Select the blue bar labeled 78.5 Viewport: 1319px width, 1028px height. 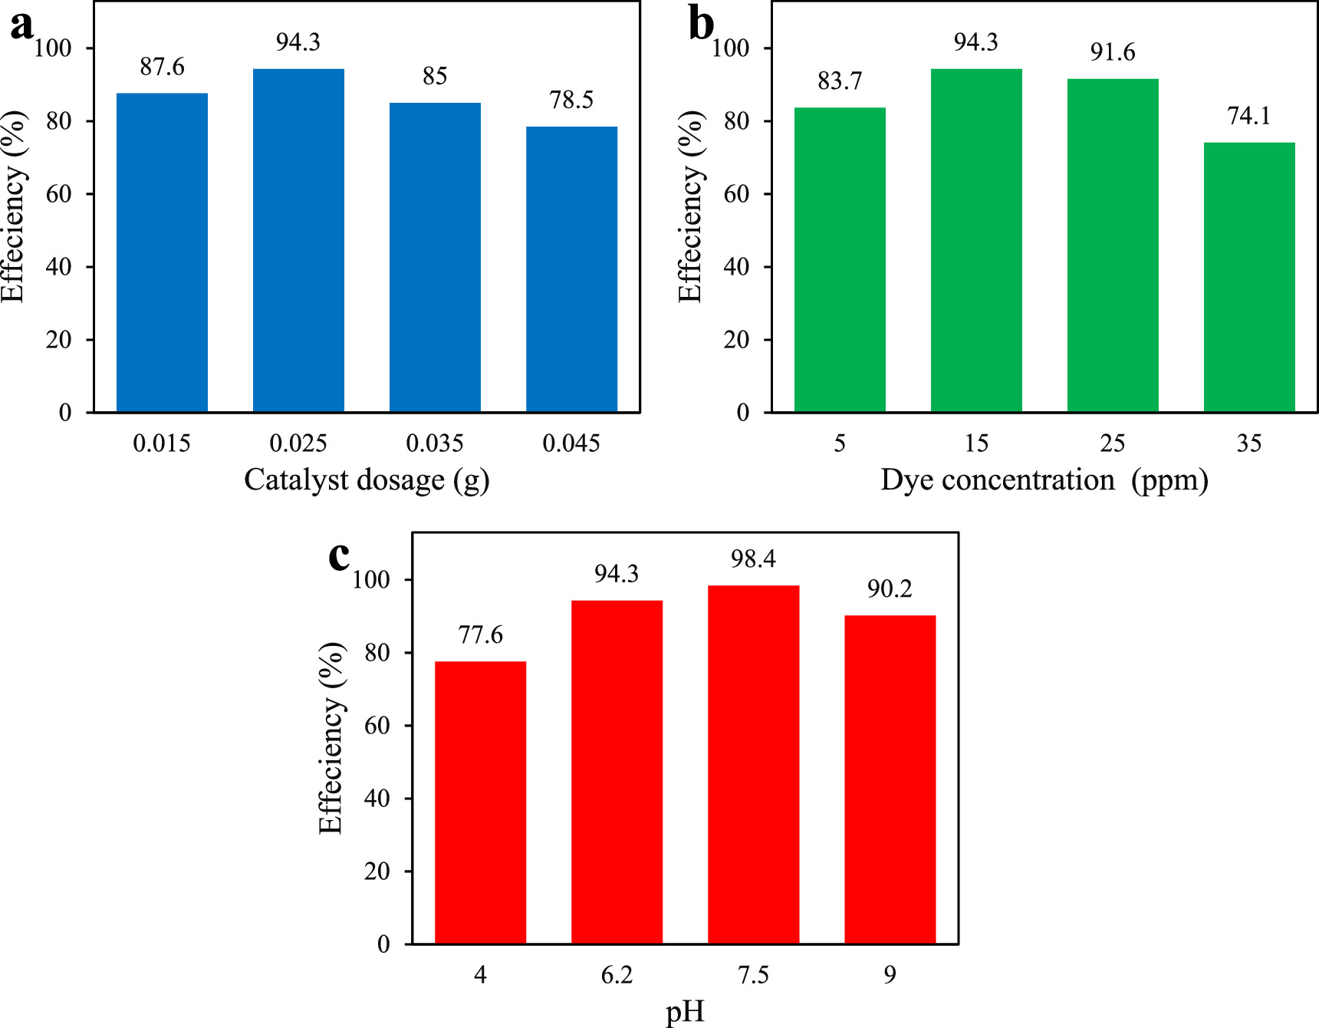pos(571,269)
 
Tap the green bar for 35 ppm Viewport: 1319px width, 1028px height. pos(1249,277)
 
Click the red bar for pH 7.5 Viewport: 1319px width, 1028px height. pos(753,764)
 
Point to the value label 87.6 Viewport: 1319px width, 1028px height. pos(162,67)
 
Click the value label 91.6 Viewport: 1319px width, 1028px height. pos(1113,52)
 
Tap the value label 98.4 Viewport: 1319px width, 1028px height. pos(753,559)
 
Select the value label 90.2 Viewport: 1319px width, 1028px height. pos(890,589)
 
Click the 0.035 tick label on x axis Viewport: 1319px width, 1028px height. pos(435,443)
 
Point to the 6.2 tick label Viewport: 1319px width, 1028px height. pos(617,975)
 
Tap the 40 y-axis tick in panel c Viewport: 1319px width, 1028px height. pos(377,799)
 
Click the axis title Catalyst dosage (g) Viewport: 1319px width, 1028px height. pos(367,480)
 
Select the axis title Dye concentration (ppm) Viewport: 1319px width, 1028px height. pos(1044,480)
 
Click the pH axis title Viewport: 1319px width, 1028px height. pos(684,1013)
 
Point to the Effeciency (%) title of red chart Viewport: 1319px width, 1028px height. pos(331,738)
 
